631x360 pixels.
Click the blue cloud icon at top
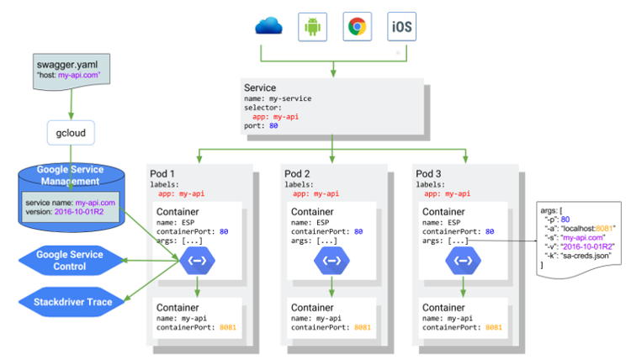(267, 26)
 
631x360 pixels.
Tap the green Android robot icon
(313, 27)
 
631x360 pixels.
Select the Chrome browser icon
(358, 27)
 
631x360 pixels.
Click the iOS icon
(400, 27)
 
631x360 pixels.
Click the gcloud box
(70, 133)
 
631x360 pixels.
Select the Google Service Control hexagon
(71, 260)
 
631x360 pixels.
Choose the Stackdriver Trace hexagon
(71, 300)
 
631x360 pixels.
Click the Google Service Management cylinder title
(71, 175)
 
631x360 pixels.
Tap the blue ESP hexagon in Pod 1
(197, 262)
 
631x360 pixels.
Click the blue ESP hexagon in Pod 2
(330, 262)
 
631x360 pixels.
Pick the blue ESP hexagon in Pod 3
(464, 262)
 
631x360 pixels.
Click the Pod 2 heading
(300, 172)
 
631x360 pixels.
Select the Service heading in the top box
(261, 87)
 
